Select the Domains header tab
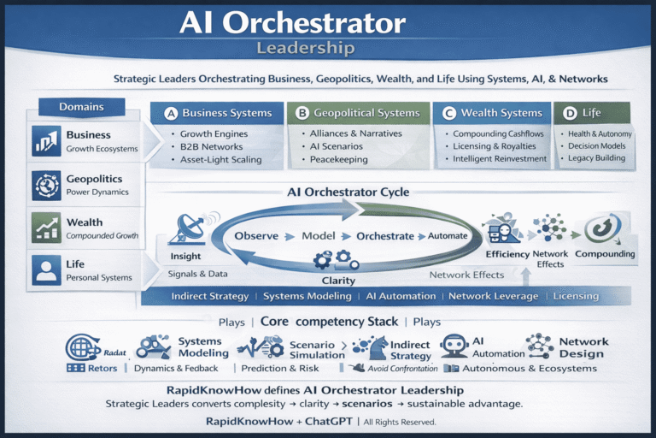pos(81,107)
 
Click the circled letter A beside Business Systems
pos(169,113)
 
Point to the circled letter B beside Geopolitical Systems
pos(301,113)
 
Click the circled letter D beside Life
pos(569,113)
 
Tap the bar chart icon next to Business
pos(45,141)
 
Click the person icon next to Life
pos(45,270)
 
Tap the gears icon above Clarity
pos(331,257)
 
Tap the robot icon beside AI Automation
pos(454,346)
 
